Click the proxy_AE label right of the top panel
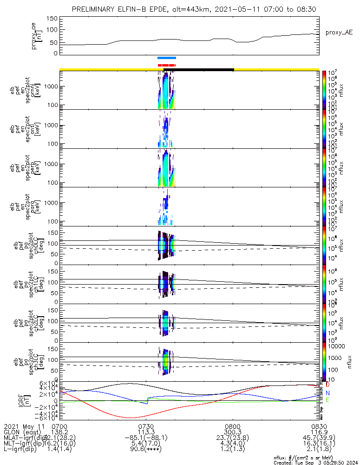pos(339,33)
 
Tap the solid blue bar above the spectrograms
pos(167,58)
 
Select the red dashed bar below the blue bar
pos(166,65)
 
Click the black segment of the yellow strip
pos(198,69)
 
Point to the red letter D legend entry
pos(327,385)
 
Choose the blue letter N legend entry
pos(327,393)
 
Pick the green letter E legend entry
pos(327,400)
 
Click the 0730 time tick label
pos(146,426)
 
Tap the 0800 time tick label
pos(232,426)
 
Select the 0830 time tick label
pos(319,426)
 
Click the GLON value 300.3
pos(232,432)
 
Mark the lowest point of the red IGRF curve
pos(130,418)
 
